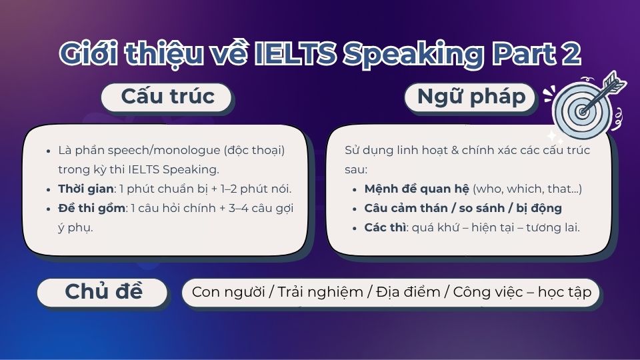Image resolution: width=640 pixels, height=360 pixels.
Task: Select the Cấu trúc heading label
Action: click(x=167, y=97)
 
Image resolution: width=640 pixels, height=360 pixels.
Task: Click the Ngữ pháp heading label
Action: click(x=471, y=97)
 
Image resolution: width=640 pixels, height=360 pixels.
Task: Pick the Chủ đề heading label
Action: click(x=103, y=291)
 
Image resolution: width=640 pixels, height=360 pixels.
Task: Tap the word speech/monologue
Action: click(x=149, y=151)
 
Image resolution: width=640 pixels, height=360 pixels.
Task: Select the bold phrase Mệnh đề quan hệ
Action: click(x=417, y=189)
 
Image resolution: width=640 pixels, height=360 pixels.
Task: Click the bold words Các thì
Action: click(x=384, y=227)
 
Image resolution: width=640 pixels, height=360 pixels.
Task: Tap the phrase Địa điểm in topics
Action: click(x=407, y=292)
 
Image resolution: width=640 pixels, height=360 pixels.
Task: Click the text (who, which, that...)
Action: click(x=527, y=189)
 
